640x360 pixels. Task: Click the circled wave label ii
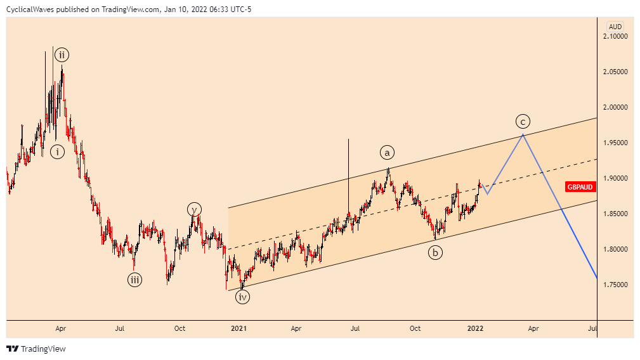point(62,55)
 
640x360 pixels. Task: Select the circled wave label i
point(58,151)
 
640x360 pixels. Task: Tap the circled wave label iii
point(134,279)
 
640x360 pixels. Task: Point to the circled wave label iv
point(243,296)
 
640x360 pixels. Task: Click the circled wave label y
point(194,209)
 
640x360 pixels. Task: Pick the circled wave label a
point(388,152)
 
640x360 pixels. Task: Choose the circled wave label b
point(435,253)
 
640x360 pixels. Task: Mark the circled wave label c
point(523,121)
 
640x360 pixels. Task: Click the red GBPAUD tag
point(580,186)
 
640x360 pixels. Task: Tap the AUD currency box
point(615,27)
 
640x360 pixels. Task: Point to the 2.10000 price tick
point(616,37)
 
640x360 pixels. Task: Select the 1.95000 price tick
point(616,143)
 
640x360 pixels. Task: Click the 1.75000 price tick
point(616,285)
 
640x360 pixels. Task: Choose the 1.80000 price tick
point(616,250)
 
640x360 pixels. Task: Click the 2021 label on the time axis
point(238,328)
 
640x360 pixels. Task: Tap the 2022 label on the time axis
point(476,328)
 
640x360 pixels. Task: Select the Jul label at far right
point(592,328)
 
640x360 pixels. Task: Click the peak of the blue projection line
point(523,134)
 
